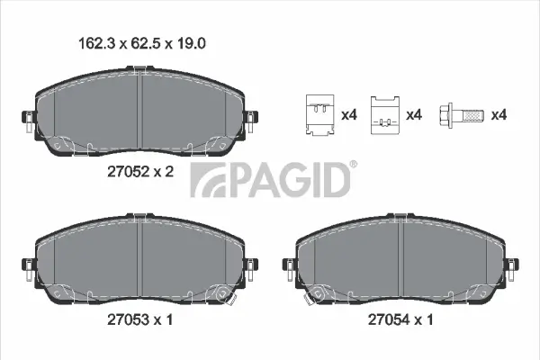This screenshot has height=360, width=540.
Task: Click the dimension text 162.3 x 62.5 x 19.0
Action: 139,41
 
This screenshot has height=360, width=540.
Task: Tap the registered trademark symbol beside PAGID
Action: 353,165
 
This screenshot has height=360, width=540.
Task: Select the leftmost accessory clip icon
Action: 319,116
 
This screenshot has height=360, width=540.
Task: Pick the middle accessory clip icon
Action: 384,116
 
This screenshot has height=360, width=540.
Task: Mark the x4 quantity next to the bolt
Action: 499,115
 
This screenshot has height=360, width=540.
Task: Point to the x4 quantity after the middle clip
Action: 414,115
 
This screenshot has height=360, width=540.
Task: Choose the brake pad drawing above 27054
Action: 400,260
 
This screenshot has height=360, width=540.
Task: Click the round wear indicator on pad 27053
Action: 221,292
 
